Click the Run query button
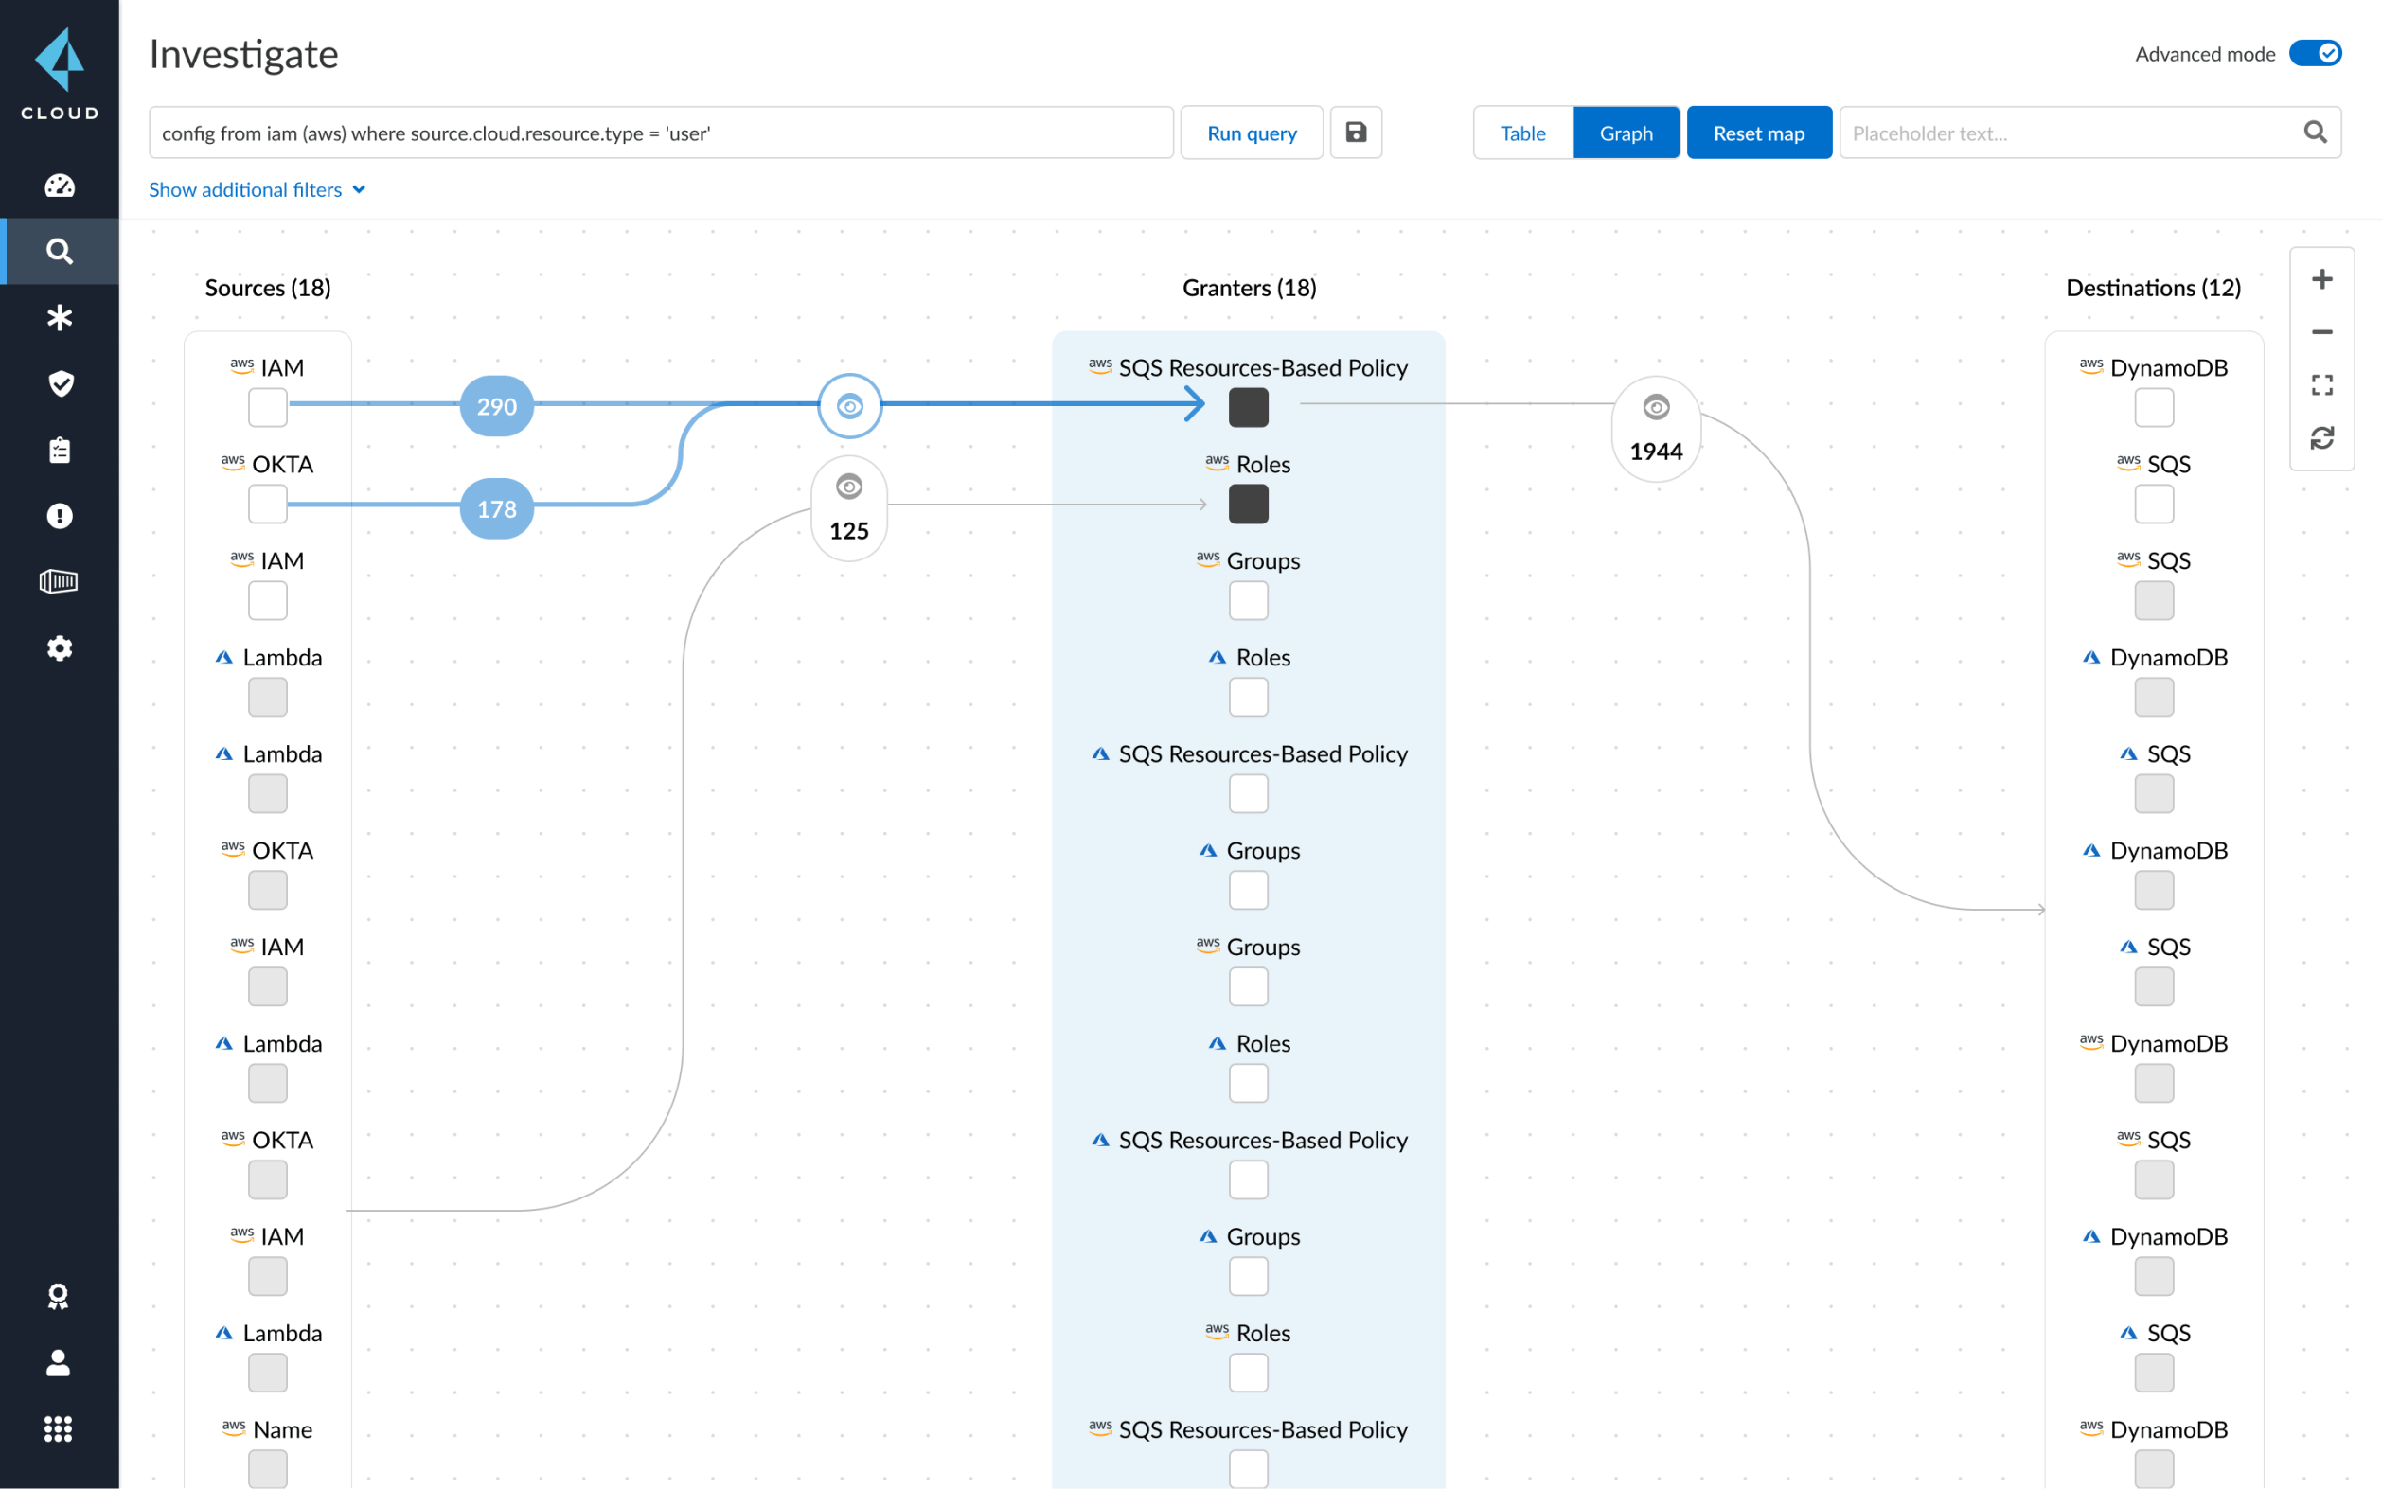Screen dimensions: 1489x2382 coord(1251,133)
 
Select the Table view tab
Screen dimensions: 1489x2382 coord(1521,133)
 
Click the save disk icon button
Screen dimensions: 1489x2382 coord(1355,132)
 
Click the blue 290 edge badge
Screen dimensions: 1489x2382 coord(496,406)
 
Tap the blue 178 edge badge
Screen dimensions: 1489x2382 coord(496,508)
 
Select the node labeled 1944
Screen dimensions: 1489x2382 coord(1655,430)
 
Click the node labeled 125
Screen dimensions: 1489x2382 coord(849,509)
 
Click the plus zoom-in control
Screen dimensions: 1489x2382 coord(2321,279)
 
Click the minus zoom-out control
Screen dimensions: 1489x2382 coord(2321,332)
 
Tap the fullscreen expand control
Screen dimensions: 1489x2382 coord(2321,385)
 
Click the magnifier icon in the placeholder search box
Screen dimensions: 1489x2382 coord(2314,132)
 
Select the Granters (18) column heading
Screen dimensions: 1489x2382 coord(1249,288)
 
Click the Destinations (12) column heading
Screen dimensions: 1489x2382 coord(2153,288)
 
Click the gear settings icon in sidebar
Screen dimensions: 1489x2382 coord(59,648)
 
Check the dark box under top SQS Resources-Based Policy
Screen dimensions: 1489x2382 coord(1248,407)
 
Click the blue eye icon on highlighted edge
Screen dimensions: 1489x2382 coord(849,406)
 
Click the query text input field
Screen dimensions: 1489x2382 coord(660,133)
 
